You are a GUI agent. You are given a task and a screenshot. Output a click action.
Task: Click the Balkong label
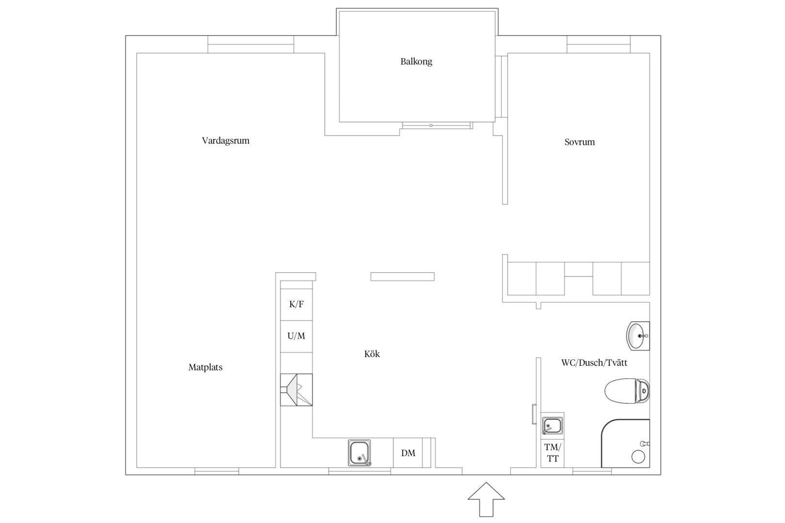[416, 62]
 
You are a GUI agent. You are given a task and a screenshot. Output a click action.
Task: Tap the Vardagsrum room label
[225, 141]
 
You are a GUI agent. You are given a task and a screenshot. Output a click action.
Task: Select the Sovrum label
[579, 142]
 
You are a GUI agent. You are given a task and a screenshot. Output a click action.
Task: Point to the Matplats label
[205, 367]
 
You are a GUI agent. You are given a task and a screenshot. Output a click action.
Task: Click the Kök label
[372, 354]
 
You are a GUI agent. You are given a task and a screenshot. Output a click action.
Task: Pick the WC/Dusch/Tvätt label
[594, 363]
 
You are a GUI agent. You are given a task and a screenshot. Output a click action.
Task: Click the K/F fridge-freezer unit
[296, 305]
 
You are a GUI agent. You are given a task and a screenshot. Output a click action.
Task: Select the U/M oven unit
[296, 336]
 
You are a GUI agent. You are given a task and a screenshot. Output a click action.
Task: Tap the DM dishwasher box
[408, 453]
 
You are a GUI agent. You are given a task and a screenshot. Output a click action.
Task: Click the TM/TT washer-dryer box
[552, 453]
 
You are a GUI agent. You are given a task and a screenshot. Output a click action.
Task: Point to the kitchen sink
[359, 453]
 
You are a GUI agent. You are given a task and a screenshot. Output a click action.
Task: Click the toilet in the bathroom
[627, 391]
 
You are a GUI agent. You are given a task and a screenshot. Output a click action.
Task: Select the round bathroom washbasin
[638, 336]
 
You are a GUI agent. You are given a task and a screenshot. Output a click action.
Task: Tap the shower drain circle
[638, 457]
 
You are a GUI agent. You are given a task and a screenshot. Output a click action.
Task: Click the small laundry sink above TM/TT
[552, 426]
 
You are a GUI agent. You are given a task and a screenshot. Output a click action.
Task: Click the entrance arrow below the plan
[486, 499]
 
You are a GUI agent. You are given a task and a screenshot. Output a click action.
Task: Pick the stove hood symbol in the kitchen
[296, 389]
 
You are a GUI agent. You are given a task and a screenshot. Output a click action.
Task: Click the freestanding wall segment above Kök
[402, 277]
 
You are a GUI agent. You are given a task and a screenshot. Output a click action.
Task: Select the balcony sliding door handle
[431, 125]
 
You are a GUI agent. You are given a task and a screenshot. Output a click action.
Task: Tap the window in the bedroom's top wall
[598, 45]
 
